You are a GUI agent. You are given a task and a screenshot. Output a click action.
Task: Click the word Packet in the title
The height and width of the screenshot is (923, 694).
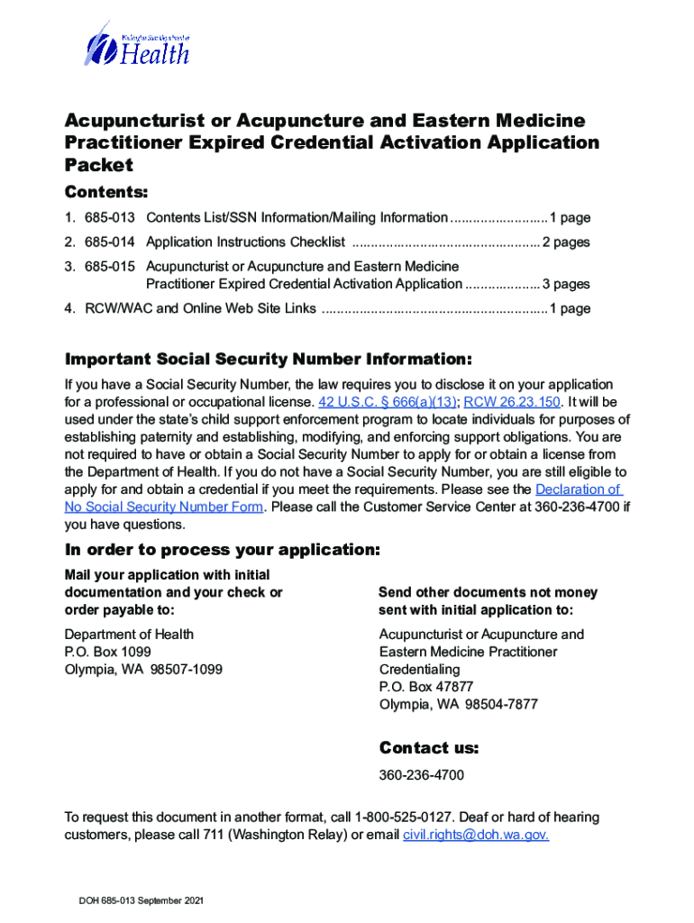98,165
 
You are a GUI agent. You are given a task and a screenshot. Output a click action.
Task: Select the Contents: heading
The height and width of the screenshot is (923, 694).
106,193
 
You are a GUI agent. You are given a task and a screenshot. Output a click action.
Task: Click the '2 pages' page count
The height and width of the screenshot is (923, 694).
566,242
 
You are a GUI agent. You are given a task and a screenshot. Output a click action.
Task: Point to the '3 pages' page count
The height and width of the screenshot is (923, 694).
566,284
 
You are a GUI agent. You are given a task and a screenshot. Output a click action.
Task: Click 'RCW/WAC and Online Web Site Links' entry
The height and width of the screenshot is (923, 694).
200,308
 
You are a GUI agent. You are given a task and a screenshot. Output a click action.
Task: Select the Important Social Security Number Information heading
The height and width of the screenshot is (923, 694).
268,360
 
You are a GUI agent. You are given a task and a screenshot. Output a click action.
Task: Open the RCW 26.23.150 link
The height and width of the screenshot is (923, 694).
512,402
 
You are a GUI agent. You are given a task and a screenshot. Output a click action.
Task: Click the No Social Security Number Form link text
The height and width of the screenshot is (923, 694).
164,507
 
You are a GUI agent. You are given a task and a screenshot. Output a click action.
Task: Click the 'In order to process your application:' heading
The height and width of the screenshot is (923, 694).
222,550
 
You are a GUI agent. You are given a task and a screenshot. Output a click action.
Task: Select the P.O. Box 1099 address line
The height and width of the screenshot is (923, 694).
108,652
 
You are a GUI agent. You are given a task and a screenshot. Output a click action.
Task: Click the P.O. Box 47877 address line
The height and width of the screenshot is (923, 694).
426,687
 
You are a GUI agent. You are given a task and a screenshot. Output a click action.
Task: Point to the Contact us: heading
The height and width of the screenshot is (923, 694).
429,748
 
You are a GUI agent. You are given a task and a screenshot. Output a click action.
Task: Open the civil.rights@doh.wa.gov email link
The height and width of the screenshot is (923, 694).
475,836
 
